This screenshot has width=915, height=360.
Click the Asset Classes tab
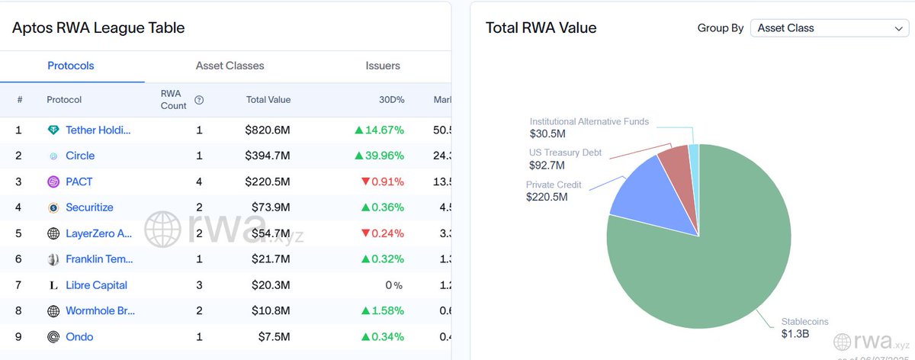(x=230, y=66)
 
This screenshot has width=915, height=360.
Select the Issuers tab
(x=383, y=66)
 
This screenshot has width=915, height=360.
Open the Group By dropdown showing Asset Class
(x=829, y=28)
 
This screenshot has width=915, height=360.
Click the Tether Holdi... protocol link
(x=98, y=130)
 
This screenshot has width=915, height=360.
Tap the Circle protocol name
(x=80, y=156)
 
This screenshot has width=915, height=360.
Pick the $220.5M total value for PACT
(x=268, y=182)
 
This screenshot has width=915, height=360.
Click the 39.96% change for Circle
(x=379, y=156)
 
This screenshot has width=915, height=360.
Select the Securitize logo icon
(x=53, y=207)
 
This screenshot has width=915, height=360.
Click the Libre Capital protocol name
(x=96, y=285)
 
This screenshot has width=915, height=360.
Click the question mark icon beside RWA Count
(x=199, y=100)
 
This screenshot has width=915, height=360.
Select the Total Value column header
(x=268, y=100)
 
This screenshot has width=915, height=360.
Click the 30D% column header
(x=392, y=100)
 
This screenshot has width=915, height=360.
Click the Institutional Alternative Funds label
(x=589, y=121)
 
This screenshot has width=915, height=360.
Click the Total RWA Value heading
(x=541, y=28)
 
